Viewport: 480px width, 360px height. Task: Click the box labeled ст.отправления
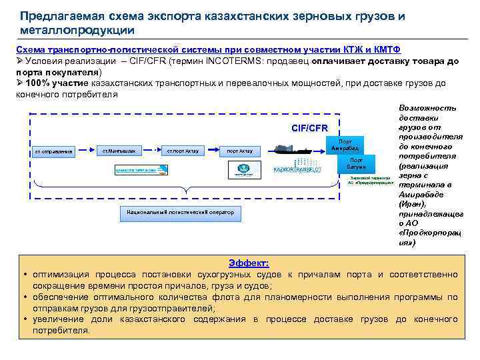point(54,151)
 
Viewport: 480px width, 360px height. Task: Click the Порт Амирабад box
point(345,145)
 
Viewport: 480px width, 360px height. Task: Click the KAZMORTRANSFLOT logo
point(298,170)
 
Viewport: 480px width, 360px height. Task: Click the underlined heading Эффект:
point(248,263)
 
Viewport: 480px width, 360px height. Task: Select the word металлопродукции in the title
point(77,30)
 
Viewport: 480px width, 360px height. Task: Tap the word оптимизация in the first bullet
point(65,275)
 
